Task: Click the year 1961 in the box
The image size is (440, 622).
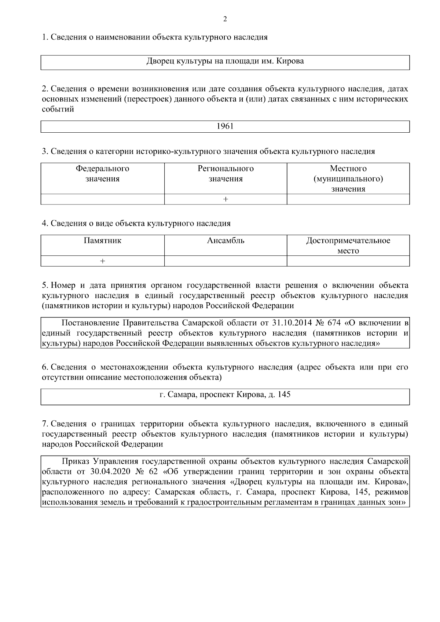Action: point(225,126)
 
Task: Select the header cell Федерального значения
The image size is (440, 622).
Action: point(102,174)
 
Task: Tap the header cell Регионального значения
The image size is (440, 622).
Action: point(225,174)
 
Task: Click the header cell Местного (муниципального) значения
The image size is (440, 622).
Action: point(348,178)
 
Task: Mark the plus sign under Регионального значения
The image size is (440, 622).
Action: point(225,199)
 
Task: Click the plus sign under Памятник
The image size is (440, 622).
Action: point(102,261)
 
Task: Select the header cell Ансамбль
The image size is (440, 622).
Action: point(225,241)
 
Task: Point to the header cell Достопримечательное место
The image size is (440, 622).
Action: point(348,246)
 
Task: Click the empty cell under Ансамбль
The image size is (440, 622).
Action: point(225,261)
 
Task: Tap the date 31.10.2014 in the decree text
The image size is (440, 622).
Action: point(291,323)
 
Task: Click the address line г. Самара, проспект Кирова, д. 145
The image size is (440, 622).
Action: point(225,395)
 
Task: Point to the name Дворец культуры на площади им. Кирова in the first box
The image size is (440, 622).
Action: point(225,61)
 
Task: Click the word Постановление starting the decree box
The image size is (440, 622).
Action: point(91,323)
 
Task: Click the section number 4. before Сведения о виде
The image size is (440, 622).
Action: point(45,223)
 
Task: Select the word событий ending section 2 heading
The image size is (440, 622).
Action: point(58,109)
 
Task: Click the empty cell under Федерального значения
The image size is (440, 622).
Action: point(102,199)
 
